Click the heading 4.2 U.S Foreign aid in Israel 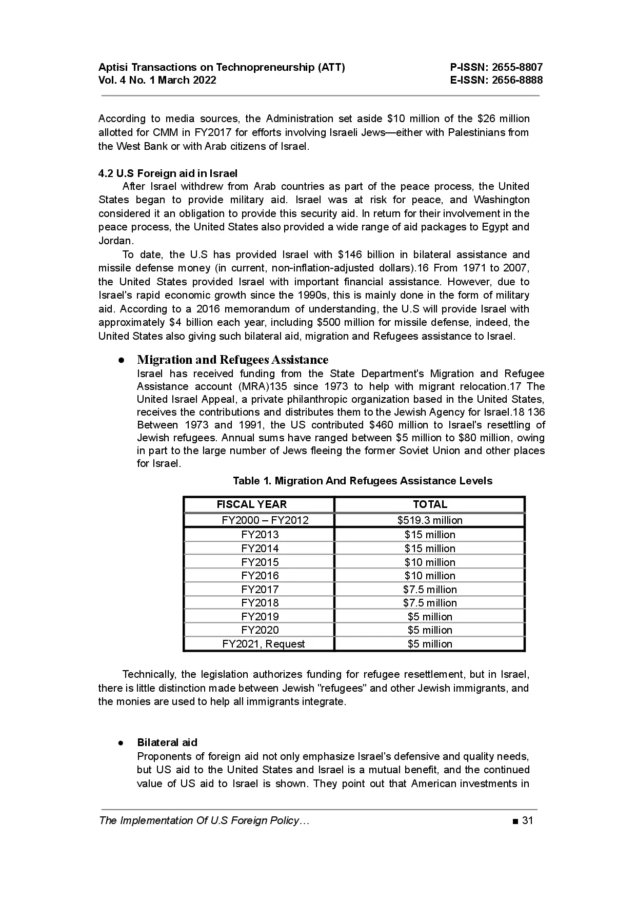tap(168, 173)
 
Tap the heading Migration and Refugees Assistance tap(232, 360)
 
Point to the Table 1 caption tap(363, 481)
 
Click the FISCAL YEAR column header tap(252, 504)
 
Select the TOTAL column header tap(430, 504)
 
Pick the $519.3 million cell tap(430, 520)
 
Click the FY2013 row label tap(260, 535)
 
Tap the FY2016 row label tap(260, 576)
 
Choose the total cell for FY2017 tap(430, 590)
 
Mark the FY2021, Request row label tap(264, 644)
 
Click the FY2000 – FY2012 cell tap(265, 520)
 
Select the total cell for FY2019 tap(430, 617)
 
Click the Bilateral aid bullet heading tap(167, 742)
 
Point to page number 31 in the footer tap(527, 820)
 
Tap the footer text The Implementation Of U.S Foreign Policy tap(204, 820)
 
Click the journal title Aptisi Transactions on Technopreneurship tap(222, 67)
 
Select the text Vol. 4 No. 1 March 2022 tap(157, 80)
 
